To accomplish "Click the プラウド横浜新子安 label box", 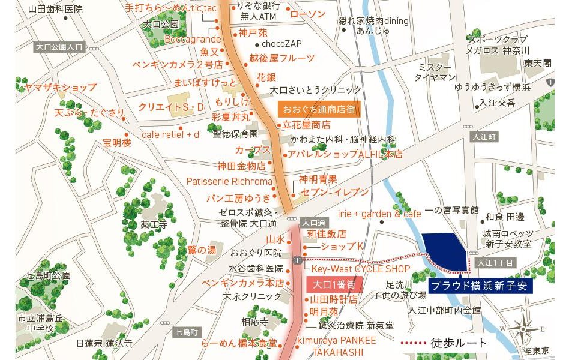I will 481,286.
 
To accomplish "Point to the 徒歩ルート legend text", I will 459,343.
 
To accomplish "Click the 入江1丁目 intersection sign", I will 496,263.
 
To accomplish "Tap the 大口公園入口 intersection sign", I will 59,46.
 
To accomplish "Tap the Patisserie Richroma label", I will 229,181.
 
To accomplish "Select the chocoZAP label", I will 281,44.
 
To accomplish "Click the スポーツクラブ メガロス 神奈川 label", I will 499,44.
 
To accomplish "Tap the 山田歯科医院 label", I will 55,10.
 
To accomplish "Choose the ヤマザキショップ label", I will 60,88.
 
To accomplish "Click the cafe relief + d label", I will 170,134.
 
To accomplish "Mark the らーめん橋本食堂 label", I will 239,343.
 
